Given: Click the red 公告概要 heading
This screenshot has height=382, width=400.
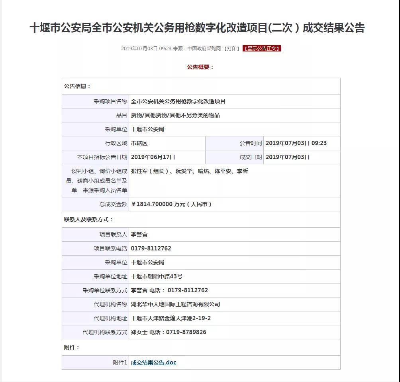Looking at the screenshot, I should [x=200, y=67].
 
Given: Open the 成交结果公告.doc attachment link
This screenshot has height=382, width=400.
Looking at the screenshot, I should [x=153, y=362].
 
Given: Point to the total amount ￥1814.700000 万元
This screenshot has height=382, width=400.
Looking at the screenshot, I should [x=171, y=204].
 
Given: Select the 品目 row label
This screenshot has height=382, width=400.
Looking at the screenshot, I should [x=122, y=115].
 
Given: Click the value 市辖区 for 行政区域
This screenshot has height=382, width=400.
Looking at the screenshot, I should [x=139, y=143].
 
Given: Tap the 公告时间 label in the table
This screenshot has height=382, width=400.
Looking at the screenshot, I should [x=251, y=143].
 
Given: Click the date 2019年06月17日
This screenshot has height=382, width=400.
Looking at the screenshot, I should [x=153, y=157].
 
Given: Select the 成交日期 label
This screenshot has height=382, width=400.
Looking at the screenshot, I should [x=251, y=157].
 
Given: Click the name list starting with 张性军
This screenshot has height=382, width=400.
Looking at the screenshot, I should [x=189, y=171].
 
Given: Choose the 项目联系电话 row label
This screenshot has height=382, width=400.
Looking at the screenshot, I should [x=110, y=248].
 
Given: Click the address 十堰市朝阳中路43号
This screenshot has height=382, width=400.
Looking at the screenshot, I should [x=157, y=276].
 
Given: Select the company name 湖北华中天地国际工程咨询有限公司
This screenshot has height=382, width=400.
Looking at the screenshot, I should [x=175, y=304].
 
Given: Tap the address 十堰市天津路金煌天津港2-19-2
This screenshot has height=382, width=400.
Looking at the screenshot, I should [x=171, y=318].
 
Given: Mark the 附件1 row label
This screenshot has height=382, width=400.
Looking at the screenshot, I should [x=120, y=362].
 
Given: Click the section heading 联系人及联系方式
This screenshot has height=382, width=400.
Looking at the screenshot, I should [x=88, y=219].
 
